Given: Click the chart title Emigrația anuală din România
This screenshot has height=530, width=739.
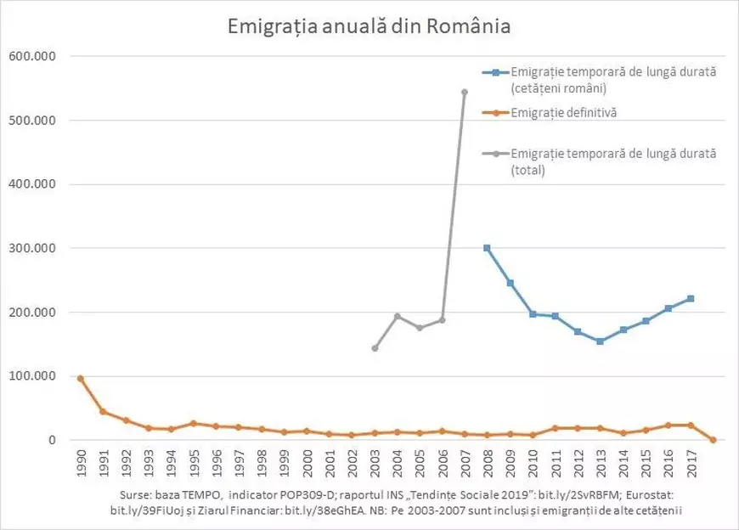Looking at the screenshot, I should coord(369,25).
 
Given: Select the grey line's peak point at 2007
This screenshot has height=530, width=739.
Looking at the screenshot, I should coord(464,92).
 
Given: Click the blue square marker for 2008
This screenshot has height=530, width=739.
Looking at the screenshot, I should coord(487,248).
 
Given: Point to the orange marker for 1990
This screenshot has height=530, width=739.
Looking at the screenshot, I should coord(81,378).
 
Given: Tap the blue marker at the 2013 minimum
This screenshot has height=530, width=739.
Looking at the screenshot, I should coord(600,341).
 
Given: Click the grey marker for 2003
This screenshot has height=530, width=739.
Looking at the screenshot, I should coord(374,348).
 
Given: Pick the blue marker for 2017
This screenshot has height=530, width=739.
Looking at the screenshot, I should coord(691,298).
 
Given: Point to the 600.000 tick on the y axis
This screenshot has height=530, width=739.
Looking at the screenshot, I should coord(31,57).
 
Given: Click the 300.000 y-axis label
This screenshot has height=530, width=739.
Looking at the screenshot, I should coord(31,248).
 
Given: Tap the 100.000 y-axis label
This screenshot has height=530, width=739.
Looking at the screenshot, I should coord(31,376).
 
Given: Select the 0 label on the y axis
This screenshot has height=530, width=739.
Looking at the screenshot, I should coord(50,440).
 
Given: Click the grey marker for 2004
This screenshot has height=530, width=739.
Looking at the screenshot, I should coord(397,316).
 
